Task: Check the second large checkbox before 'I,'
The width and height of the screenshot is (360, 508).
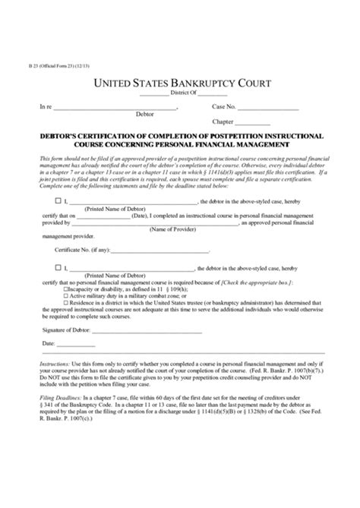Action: coord(58,268)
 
